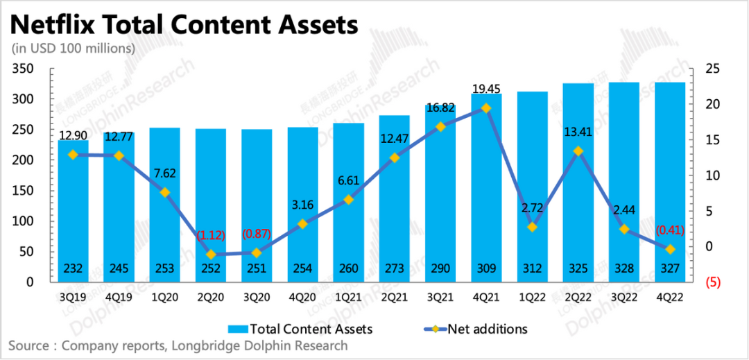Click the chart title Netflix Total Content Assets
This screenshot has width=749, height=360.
(x=184, y=26)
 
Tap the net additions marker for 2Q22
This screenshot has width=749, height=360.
(x=578, y=151)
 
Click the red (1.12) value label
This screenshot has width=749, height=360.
(x=211, y=235)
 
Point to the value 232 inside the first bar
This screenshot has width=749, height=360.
(x=73, y=269)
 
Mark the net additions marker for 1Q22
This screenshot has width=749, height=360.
(x=532, y=227)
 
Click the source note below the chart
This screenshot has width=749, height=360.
(x=179, y=345)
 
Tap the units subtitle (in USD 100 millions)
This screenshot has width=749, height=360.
(x=73, y=49)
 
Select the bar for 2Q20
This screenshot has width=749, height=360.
(x=211, y=208)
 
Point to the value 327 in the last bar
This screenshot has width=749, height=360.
(x=670, y=269)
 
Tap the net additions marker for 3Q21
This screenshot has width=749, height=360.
(x=440, y=127)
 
